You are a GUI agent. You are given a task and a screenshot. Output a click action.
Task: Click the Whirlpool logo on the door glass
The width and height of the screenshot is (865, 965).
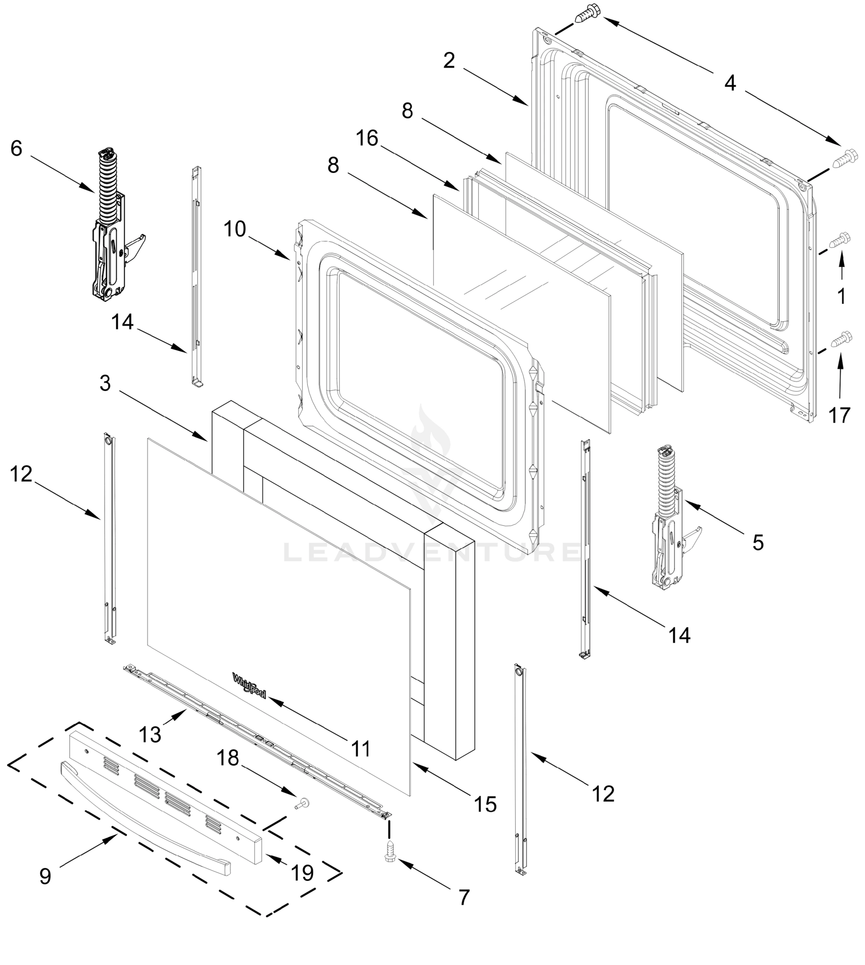[249, 685]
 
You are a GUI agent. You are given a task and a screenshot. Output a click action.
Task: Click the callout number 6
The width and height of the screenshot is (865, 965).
[16, 149]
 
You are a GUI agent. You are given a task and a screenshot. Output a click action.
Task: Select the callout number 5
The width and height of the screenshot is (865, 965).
[758, 542]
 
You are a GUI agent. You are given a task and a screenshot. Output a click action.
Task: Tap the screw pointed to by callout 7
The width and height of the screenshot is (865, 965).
[390, 850]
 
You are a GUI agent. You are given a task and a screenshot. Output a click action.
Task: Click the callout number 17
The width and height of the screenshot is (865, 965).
[839, 416]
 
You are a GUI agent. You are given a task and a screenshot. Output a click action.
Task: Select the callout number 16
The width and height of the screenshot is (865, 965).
[367, 138]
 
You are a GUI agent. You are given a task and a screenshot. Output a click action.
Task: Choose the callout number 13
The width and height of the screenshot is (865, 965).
[150, 735]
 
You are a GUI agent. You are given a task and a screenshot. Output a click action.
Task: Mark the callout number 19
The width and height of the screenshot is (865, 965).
[302, 873]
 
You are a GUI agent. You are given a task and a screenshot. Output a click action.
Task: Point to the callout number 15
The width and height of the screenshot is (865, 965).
[485, 805]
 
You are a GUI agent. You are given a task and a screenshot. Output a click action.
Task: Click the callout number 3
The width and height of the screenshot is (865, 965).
[105, 383]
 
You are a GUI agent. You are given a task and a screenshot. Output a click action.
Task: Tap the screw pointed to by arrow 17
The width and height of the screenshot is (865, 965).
[840, 339]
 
